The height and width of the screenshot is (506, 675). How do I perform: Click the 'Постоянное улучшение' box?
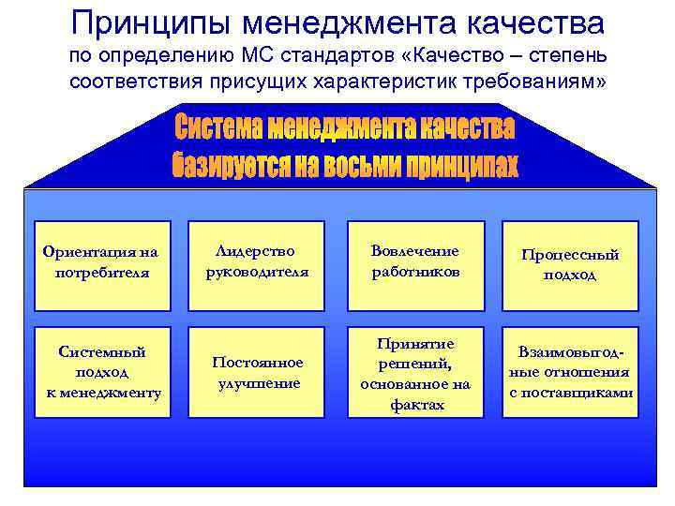click(256, 372)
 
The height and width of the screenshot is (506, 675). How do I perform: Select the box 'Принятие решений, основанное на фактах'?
click(415, 372)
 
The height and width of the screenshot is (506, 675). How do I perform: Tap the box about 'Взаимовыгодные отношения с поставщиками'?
click(570, 372)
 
